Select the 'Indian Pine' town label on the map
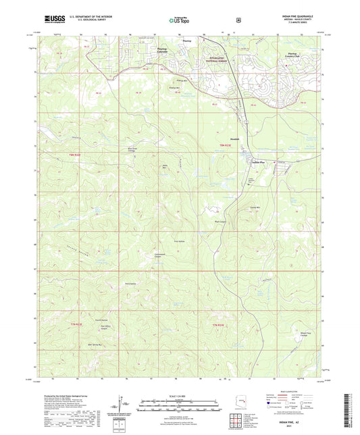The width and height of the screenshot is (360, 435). pos(259,163)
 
